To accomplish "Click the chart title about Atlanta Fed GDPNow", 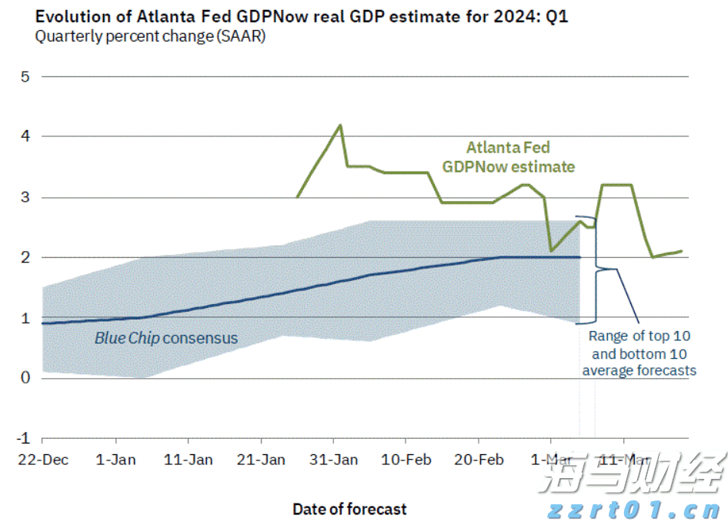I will [x=301, y=16].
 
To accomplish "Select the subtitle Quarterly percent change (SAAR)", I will [x=150, y=36].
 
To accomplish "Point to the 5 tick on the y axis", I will [x=25, y=77].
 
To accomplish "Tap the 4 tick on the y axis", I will [x=25, y=136].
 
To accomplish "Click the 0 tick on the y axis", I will [x=25, y=377].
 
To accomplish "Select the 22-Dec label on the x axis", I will [x=45, y=460].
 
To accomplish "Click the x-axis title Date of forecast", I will [x=349, y=509].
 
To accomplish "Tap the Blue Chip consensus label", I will [x=166, y=338].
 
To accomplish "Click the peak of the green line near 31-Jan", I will [x=340, y=125].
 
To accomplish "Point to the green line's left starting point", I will [x=297, y=197].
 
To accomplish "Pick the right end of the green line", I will [x=682, y=251].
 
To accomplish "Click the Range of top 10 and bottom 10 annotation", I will [x=639, y=353].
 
